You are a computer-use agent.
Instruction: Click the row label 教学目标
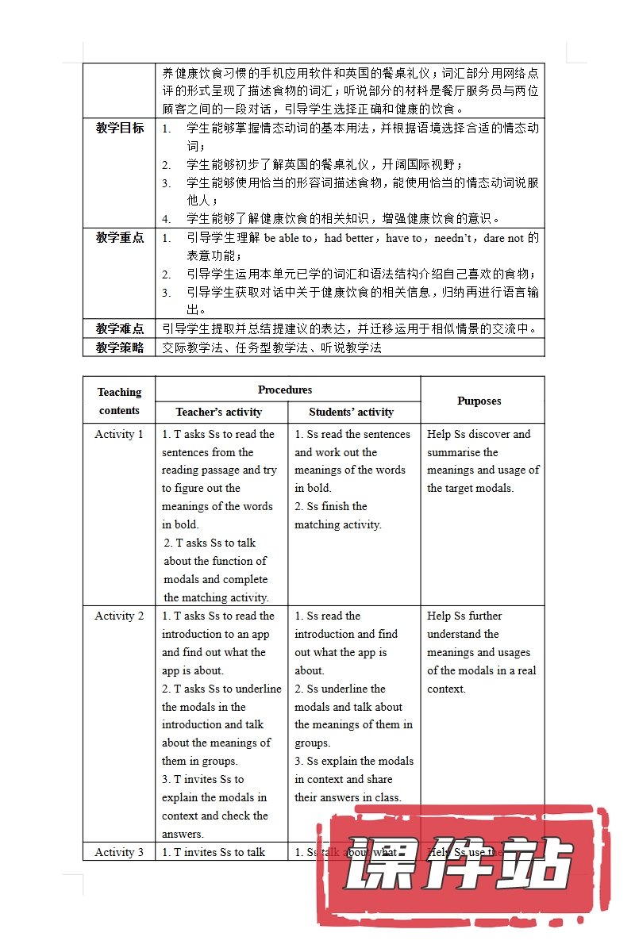click(120, 128)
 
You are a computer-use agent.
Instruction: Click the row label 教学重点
click(120, 237)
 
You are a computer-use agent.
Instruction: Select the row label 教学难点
click(120, 328)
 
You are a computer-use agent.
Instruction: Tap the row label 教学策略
click(120, 347)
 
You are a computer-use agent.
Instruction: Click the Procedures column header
click(285, 390)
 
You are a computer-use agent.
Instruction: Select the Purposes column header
click(479, 401)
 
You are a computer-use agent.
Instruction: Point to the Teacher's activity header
click(219, 412)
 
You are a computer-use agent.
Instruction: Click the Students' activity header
click(351, 412)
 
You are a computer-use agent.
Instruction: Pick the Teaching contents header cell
click(119, 401)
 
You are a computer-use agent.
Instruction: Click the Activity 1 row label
click(119, 434)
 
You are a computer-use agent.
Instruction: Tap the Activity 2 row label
click(119, 616)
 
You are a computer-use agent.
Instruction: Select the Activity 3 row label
click(119, 852)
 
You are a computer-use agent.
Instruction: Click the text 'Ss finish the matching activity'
click(337, 516)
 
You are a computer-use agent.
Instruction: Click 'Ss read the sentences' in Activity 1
click(352, 434)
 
